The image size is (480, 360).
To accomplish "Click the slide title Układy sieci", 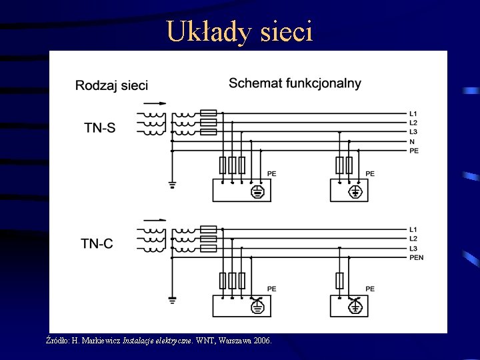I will click(x=239, y=31).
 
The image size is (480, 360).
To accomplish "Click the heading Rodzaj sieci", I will click(x=111, y=85).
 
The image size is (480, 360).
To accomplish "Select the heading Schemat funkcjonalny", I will click(x=295, y=83).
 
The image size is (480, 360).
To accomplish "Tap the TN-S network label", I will click(x=99, y=127).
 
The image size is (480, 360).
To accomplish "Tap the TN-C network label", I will click(x=97, y=243).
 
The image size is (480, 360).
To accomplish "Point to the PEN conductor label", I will click(x=417, y=257).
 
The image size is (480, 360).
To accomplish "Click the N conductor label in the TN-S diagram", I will click(x=412, y=141).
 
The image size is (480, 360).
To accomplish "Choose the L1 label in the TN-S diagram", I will click(x=413, y=113).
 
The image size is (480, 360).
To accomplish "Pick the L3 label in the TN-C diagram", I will click(x=413, y=248).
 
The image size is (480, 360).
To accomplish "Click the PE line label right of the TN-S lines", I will click(x=414, y=151).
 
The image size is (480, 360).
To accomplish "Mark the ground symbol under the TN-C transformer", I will click(x=171, y=301).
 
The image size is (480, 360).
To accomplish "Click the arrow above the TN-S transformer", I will click(x=155, y=103).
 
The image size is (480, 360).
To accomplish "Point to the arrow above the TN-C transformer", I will click(x=155, y=219).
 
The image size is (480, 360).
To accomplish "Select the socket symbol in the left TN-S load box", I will click(x=257, y=192).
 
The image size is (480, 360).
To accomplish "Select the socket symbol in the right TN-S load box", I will click(x=356, y=192).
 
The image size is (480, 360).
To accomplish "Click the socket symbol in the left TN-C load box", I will click(x=257, y=307).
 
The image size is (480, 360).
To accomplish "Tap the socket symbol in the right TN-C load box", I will click(x=356, y=307).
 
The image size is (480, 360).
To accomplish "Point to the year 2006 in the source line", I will click(x=261, y=341).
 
